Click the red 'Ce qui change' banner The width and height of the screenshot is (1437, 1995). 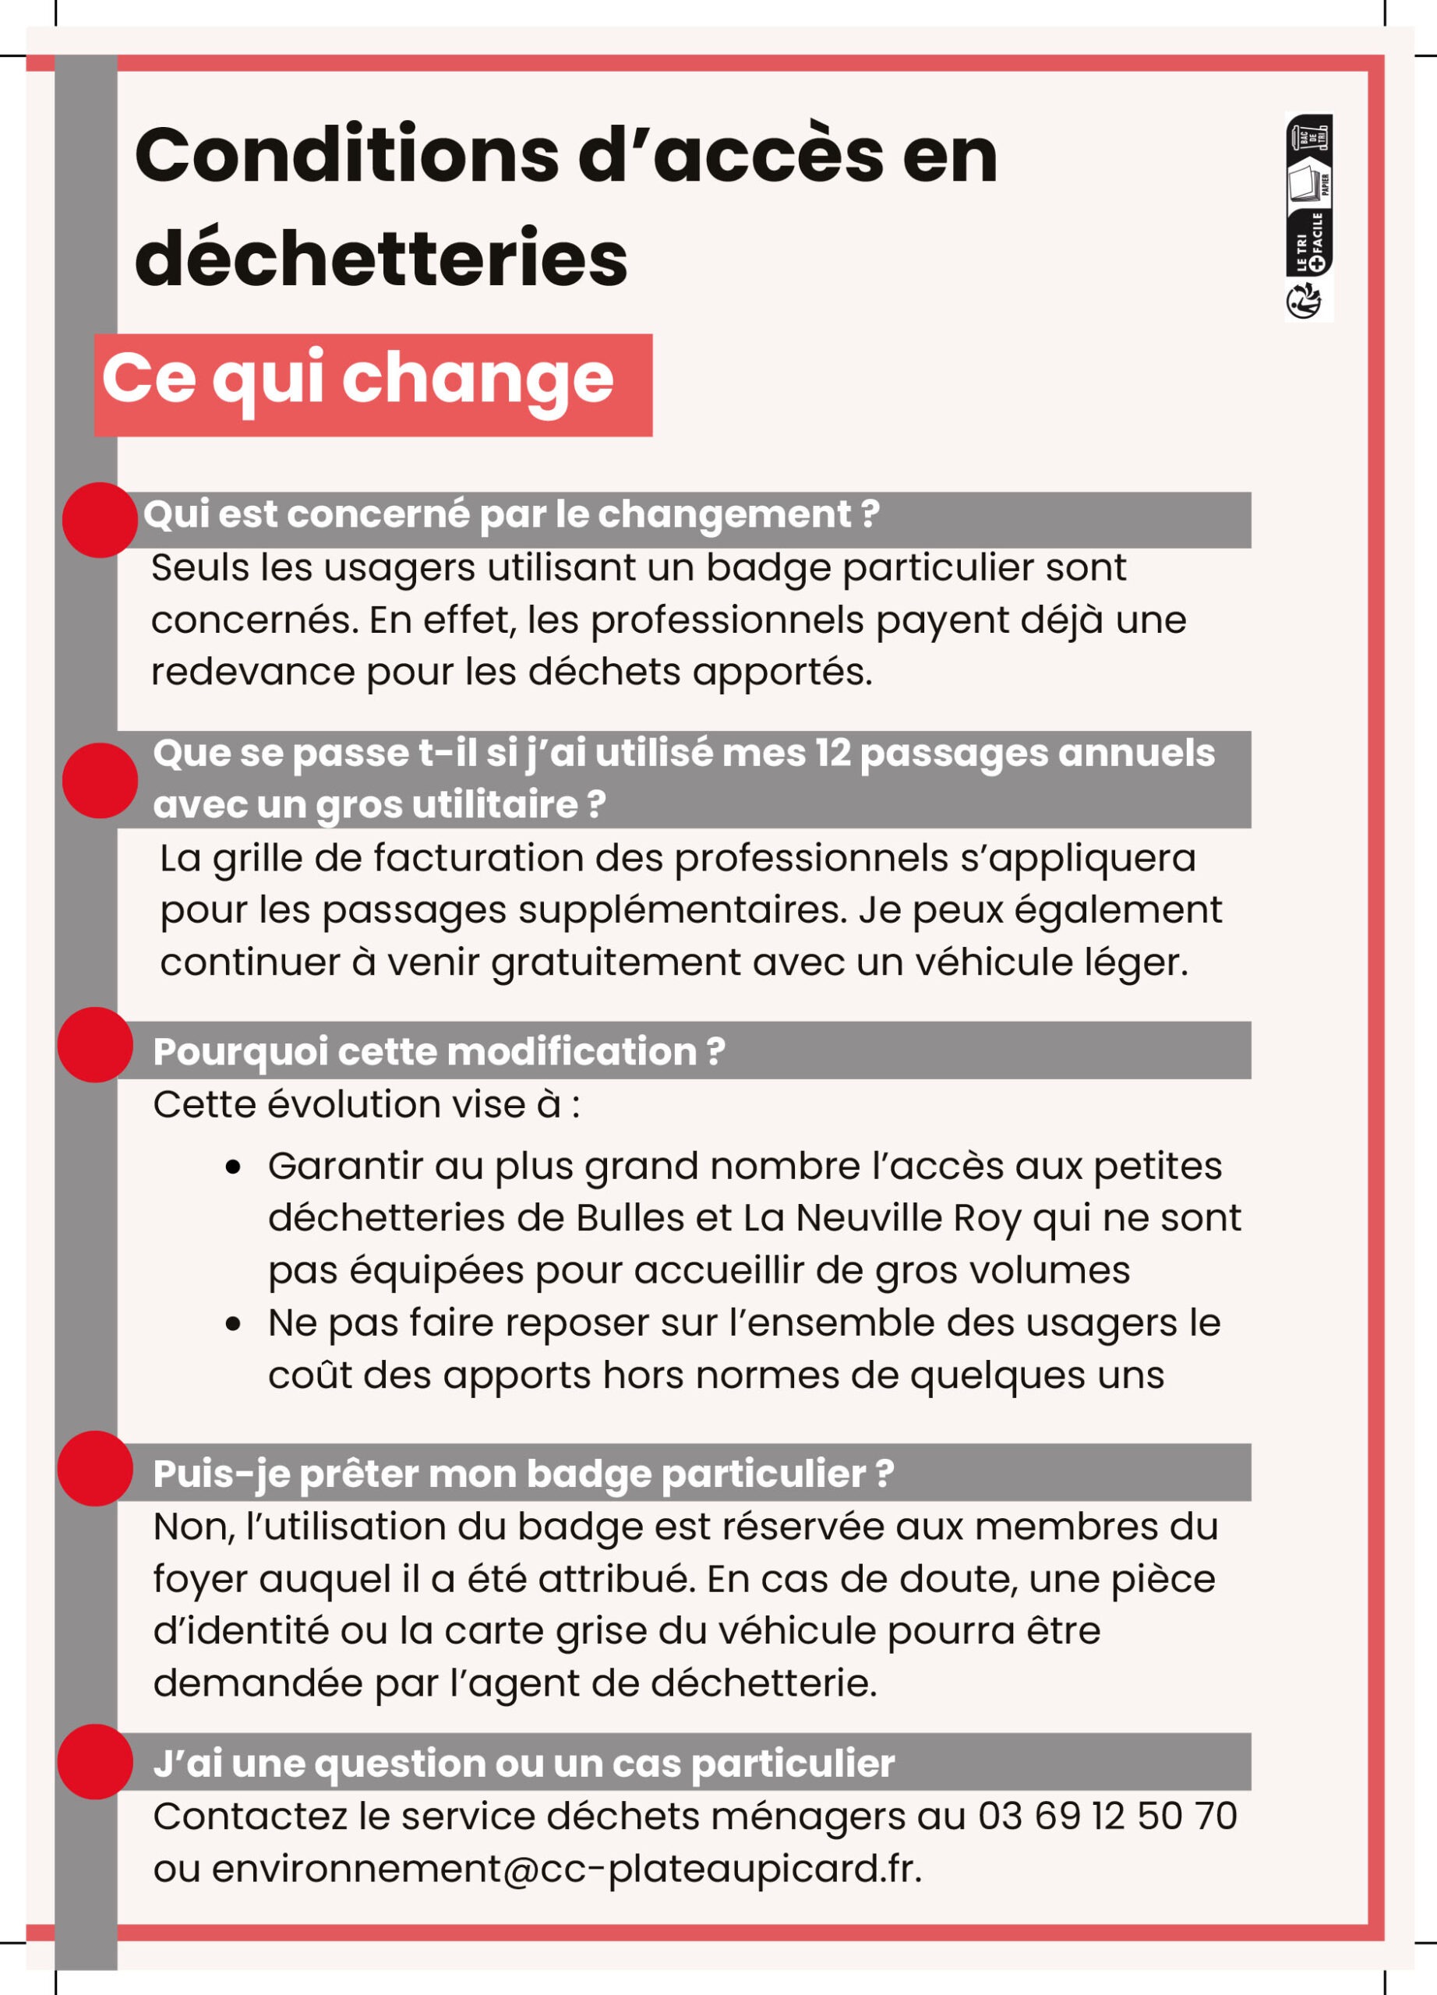pyautogui.click(x=372, y=384)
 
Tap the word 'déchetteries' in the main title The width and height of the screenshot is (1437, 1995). pyautogui.click(x=381, y=258)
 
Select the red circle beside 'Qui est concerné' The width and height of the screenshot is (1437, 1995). pyautogui.click(x=100, y=520)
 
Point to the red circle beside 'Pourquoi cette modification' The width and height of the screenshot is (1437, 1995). pyautogui.click(x=95, y=1044)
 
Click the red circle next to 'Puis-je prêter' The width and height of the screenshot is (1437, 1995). pyautogui.click(x=95, y=1468)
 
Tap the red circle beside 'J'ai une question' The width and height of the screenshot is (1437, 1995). pyautogui.click(x=95, y=1761)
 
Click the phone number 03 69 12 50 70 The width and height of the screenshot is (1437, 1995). pyautogui.click(x=1107, y=1816)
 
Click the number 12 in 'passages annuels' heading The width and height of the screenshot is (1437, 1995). pyautogui.click(x=830, y=753)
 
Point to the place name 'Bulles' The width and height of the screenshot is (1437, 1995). pyautogui.click(x=630, y=1218)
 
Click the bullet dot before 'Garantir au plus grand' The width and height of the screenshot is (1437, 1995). pyautogui.click(x=233, y=1167)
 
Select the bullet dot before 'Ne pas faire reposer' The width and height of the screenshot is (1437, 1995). pyautogui.click(x=233, y=1324)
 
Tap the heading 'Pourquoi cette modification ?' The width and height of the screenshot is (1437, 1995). pyautogui.click(x=439, y=1052)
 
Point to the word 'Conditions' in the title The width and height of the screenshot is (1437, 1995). pyautogui.click(x=347, y=156)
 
